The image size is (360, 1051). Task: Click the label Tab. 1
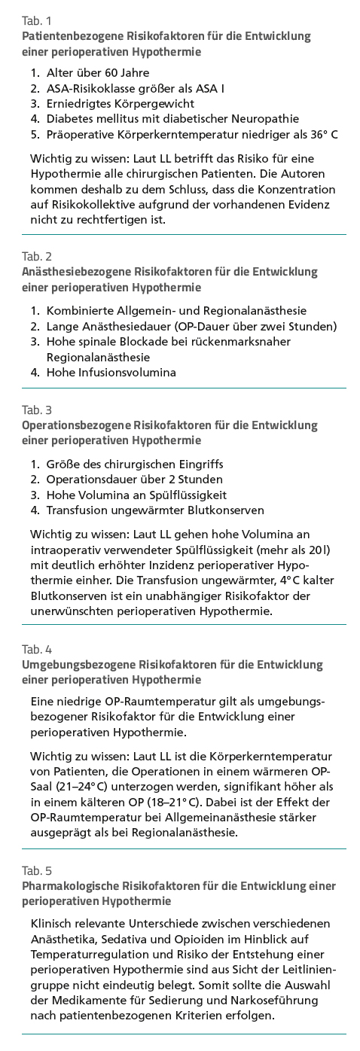click(37, 21)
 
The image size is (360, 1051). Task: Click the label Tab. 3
click(37, 410)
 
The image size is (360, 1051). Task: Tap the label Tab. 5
click(37, 870)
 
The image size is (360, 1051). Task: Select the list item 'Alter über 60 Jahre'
click(98, 73)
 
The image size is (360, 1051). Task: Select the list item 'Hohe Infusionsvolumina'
click(111, 372)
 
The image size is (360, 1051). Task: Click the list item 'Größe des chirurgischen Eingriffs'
click(135, 464)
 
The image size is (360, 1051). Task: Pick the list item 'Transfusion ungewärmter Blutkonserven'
click(155, 510)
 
